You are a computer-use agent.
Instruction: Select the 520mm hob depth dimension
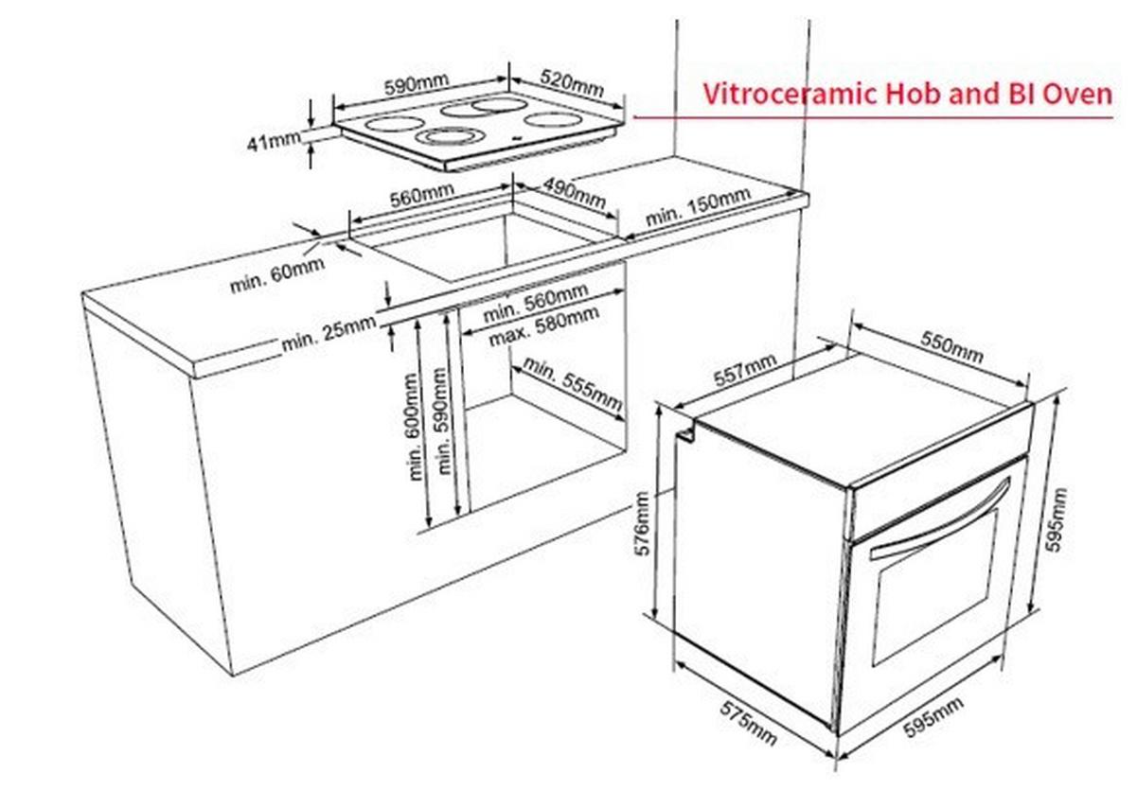click(573, 81)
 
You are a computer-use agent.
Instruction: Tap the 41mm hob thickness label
click(272, 142)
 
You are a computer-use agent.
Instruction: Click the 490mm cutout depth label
click(574, 193)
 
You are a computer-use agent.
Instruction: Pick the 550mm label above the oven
click(951, 349)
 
